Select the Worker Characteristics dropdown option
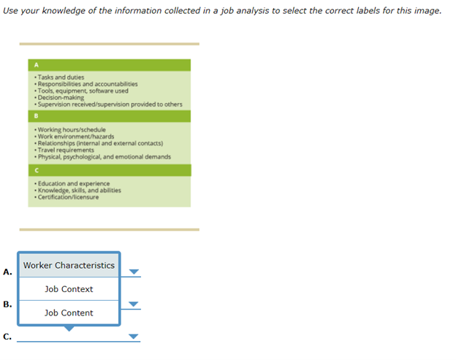point(69,265)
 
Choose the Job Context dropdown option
point(69,289)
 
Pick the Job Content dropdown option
point(69,313)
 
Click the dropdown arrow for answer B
point(133,305)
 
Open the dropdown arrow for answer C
point(133,337)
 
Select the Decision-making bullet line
point(61,97)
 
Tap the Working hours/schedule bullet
point(76,130)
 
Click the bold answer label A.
point(7,272)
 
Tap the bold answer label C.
point(7,337)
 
